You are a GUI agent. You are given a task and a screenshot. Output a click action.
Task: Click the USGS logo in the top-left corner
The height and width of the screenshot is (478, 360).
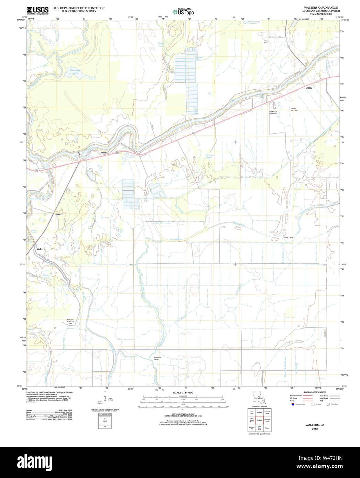[37, 10]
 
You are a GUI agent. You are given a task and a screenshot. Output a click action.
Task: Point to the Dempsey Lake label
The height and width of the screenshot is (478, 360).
[75, 72]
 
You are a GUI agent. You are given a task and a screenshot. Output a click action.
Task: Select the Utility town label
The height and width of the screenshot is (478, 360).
[309, 88]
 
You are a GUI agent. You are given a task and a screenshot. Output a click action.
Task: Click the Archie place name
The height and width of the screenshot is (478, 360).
[104, 152]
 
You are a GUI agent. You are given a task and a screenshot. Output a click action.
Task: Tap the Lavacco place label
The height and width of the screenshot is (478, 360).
[59, 214]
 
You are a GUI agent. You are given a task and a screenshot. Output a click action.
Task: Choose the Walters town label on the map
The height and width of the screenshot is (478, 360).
[41, 249]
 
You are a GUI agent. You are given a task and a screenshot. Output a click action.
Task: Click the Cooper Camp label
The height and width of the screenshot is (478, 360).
[288, 237]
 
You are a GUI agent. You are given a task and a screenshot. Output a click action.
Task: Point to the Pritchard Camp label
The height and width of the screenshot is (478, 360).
[157, 358]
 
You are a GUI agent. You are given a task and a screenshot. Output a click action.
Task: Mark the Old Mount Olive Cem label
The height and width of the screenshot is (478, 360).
[273, 112]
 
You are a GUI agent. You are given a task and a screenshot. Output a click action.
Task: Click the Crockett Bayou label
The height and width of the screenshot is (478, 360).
[209, 156]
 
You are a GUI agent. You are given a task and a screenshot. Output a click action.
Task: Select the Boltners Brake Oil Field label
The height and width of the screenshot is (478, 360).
[70, 322]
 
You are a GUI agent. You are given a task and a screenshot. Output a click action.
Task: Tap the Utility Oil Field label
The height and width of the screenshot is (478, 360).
[294, 109]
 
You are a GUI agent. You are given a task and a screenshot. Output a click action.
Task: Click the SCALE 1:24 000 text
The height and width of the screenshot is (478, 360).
[183, 392]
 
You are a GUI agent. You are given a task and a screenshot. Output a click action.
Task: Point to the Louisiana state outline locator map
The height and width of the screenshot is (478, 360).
[259, 398]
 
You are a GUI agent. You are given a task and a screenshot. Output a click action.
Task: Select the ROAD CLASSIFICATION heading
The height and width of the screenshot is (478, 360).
[313, 392]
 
